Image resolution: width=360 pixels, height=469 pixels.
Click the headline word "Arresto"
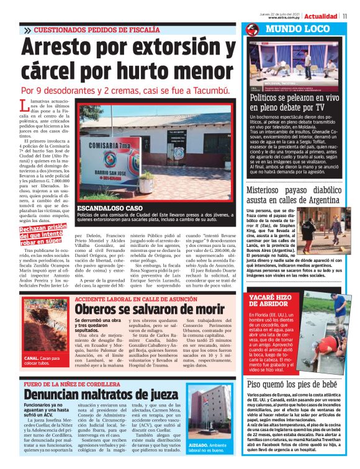coord(69,50)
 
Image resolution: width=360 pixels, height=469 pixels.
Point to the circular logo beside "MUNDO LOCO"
coord(252,29)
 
